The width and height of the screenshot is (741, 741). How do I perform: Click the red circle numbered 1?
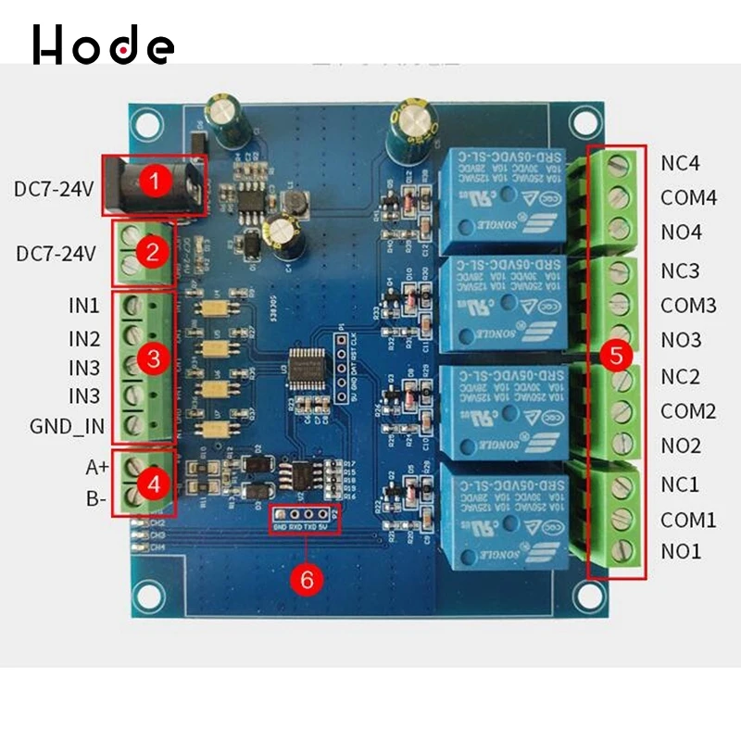156,180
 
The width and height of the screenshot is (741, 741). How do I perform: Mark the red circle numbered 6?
308,579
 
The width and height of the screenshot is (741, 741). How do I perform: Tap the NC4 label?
680,163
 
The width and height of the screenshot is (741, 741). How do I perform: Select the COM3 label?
688,305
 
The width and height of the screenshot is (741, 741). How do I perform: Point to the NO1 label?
681,552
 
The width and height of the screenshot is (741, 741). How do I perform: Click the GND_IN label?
67,429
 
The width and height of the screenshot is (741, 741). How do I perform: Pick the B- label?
96,498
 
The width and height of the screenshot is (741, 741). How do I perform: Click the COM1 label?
688,520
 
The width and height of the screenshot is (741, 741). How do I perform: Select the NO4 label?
681,231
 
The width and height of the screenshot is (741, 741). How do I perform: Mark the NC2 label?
680,377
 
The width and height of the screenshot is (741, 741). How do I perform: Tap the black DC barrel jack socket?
139,180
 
